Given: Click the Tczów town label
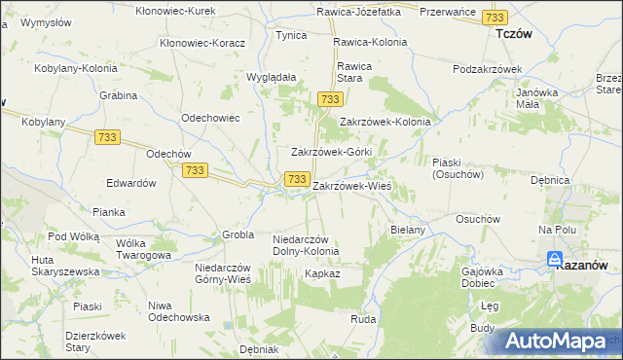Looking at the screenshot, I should point(513,32).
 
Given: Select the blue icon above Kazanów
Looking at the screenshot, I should point(554,260).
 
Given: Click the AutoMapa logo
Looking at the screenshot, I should point(556,341).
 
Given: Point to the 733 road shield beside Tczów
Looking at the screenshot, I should point(495,18).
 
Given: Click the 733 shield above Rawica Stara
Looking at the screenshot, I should point(329,100).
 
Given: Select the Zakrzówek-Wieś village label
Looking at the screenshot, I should point(351,185).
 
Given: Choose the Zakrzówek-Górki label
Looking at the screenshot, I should point(332,153).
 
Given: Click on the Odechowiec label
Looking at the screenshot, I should point(210,117).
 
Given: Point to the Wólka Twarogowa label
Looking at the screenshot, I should point(143,249).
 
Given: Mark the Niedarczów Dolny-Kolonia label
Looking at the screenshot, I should point(306,245).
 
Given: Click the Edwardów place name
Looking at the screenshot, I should point(131,183).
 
